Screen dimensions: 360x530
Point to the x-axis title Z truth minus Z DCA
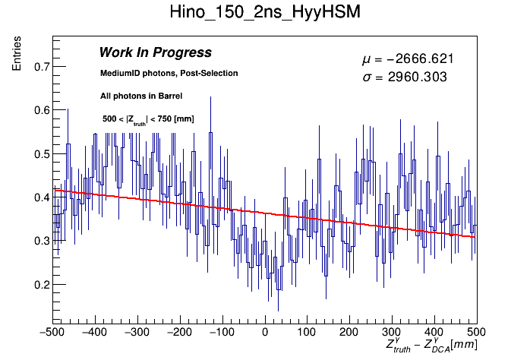pyautogui.click(x=431, y=346)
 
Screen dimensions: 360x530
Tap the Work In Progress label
pyautogui.click(x=155, y=53)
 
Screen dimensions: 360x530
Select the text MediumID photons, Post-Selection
pyautogui.click(x=169, y=74)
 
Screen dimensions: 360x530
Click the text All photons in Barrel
pyautogui.click(x=141, y=96)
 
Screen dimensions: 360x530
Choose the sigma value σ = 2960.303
pyautogui.click(x=403, y=77)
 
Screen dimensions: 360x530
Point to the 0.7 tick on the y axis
pyautogui.click(x=43, y=67)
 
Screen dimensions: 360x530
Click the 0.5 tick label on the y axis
pyautogui.click(x=43, y=154)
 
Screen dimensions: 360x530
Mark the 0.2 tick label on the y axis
pyautogui.click(x=43, y=285)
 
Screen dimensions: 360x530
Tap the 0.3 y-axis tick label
pyautogui.click(x=43, y=242)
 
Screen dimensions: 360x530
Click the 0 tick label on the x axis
pyautogui.click(x=265, y=332)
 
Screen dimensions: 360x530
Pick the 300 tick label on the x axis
pyautogui.click(x=393, y=332)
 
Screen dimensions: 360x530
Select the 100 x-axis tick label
pyautogui.click(x=308, y=332)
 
